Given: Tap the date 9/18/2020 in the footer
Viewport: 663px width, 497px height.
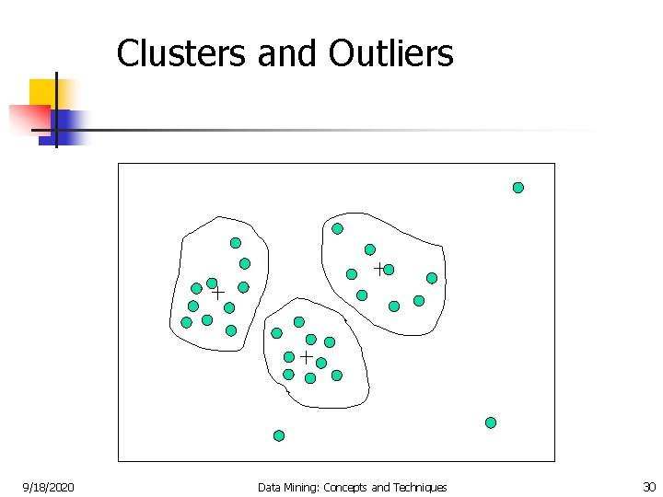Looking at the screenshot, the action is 49,487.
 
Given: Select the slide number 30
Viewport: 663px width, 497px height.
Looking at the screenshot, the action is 648,487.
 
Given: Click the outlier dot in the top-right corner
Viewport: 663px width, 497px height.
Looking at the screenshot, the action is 518,188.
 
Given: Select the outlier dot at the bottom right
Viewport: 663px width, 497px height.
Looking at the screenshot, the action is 491,422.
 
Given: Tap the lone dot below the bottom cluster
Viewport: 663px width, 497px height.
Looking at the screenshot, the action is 279,435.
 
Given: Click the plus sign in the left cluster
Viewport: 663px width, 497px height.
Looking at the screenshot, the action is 218,293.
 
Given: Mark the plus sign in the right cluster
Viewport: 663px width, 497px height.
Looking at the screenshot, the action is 378,269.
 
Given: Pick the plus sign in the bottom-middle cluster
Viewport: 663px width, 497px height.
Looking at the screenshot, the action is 306,355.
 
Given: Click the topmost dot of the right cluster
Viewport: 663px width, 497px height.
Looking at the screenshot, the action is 338,228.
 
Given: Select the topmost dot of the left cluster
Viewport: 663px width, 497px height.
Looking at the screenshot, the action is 236,243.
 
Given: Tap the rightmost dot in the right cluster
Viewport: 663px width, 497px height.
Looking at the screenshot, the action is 432,278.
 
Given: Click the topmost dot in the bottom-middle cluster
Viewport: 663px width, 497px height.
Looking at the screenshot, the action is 299,322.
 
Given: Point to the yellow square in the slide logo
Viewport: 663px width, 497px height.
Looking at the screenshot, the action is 42,91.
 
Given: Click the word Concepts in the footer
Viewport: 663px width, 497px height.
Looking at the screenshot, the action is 343,487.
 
